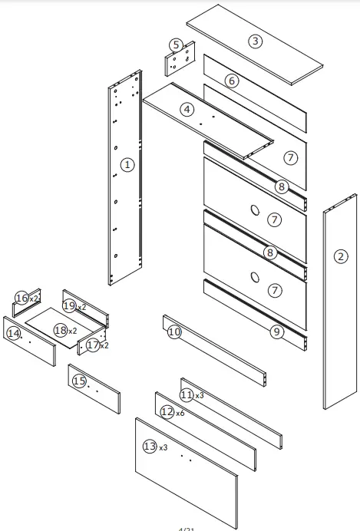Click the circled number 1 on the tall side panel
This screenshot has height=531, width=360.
(127, 163)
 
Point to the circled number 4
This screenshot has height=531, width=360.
(187, 109)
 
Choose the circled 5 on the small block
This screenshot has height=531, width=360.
(177, 46)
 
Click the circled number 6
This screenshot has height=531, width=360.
(232, 80)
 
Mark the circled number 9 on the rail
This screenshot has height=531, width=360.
(277, 331)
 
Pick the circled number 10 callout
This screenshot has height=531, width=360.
(173, 331)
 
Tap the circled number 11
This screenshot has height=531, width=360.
(186, 394)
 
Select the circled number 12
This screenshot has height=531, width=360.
(167, 412)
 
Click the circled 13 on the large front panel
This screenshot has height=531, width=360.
(149, 446)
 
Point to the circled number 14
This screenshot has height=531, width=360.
(12, 333)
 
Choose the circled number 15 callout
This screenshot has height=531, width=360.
(78, 380)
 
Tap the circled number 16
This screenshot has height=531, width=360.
(21, 297)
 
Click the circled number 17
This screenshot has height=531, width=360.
(93, 345)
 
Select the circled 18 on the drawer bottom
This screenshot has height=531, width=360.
(60, 330)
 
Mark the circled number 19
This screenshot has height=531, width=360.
(69, 306)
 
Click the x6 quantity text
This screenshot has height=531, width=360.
(180, 413)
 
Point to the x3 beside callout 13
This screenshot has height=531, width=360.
(163, 447)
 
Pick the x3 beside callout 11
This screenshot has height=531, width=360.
(200, 395)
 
